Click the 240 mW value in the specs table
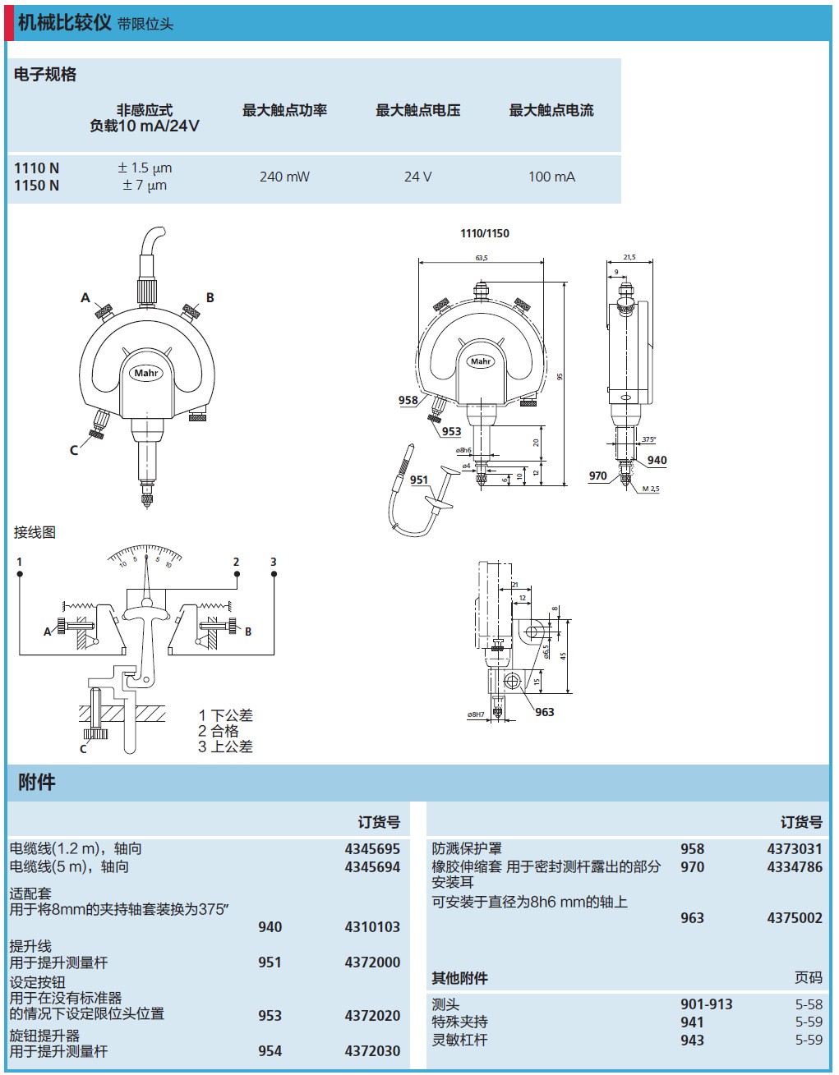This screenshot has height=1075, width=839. pos(284,177)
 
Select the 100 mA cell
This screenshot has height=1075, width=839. pos(551,177)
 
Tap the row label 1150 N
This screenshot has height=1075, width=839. pos(36,186)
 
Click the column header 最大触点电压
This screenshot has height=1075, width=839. pos(417,110)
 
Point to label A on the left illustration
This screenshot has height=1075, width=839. pos(85,298)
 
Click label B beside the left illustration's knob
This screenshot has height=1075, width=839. pos(210,298)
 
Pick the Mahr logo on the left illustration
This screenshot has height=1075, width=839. pos(146,373)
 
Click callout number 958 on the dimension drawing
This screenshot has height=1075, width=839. pos(408,401)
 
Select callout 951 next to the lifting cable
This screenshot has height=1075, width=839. pos(419,480)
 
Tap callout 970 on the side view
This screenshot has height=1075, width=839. pos(597,475)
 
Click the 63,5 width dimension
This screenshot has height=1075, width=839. pos(481,258)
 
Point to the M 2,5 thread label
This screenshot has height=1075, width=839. pos(650,489)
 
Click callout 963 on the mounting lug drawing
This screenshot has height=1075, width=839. pos(544,712)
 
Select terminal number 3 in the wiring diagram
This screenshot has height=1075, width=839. pos(274,563)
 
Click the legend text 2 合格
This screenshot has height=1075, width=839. pos(219,731)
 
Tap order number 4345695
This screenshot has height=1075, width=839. pos(372,849)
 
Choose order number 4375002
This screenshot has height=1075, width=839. pos(795,918)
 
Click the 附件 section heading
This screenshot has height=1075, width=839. pos(37,783)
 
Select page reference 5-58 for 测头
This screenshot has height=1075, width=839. pos(809,1004)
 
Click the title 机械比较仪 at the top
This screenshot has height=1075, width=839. pos(64,22)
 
